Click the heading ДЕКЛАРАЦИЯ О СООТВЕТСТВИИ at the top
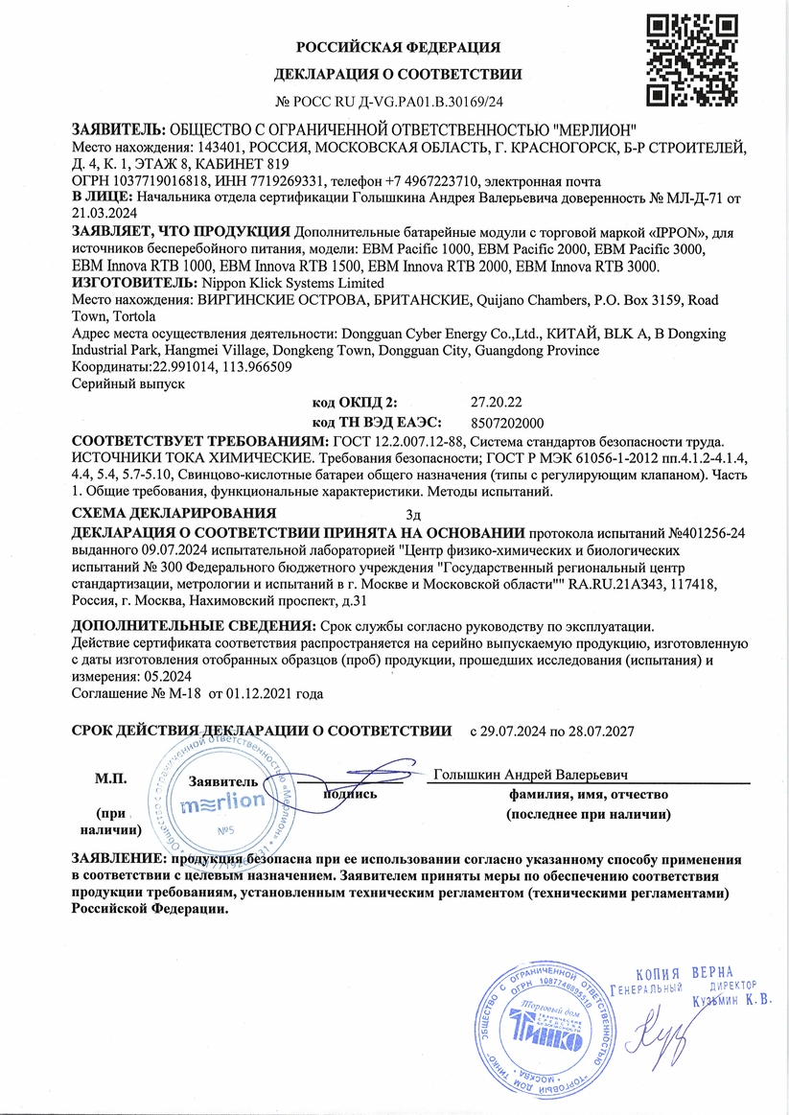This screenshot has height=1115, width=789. (x=398, y=74)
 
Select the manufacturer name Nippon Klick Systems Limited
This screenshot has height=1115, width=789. (x=289, y=283)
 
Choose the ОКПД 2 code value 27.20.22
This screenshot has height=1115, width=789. (x=496, y=404)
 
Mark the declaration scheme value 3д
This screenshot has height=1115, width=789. (x=413, y=514)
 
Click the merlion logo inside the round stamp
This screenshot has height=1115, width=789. (x=222, y=801)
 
